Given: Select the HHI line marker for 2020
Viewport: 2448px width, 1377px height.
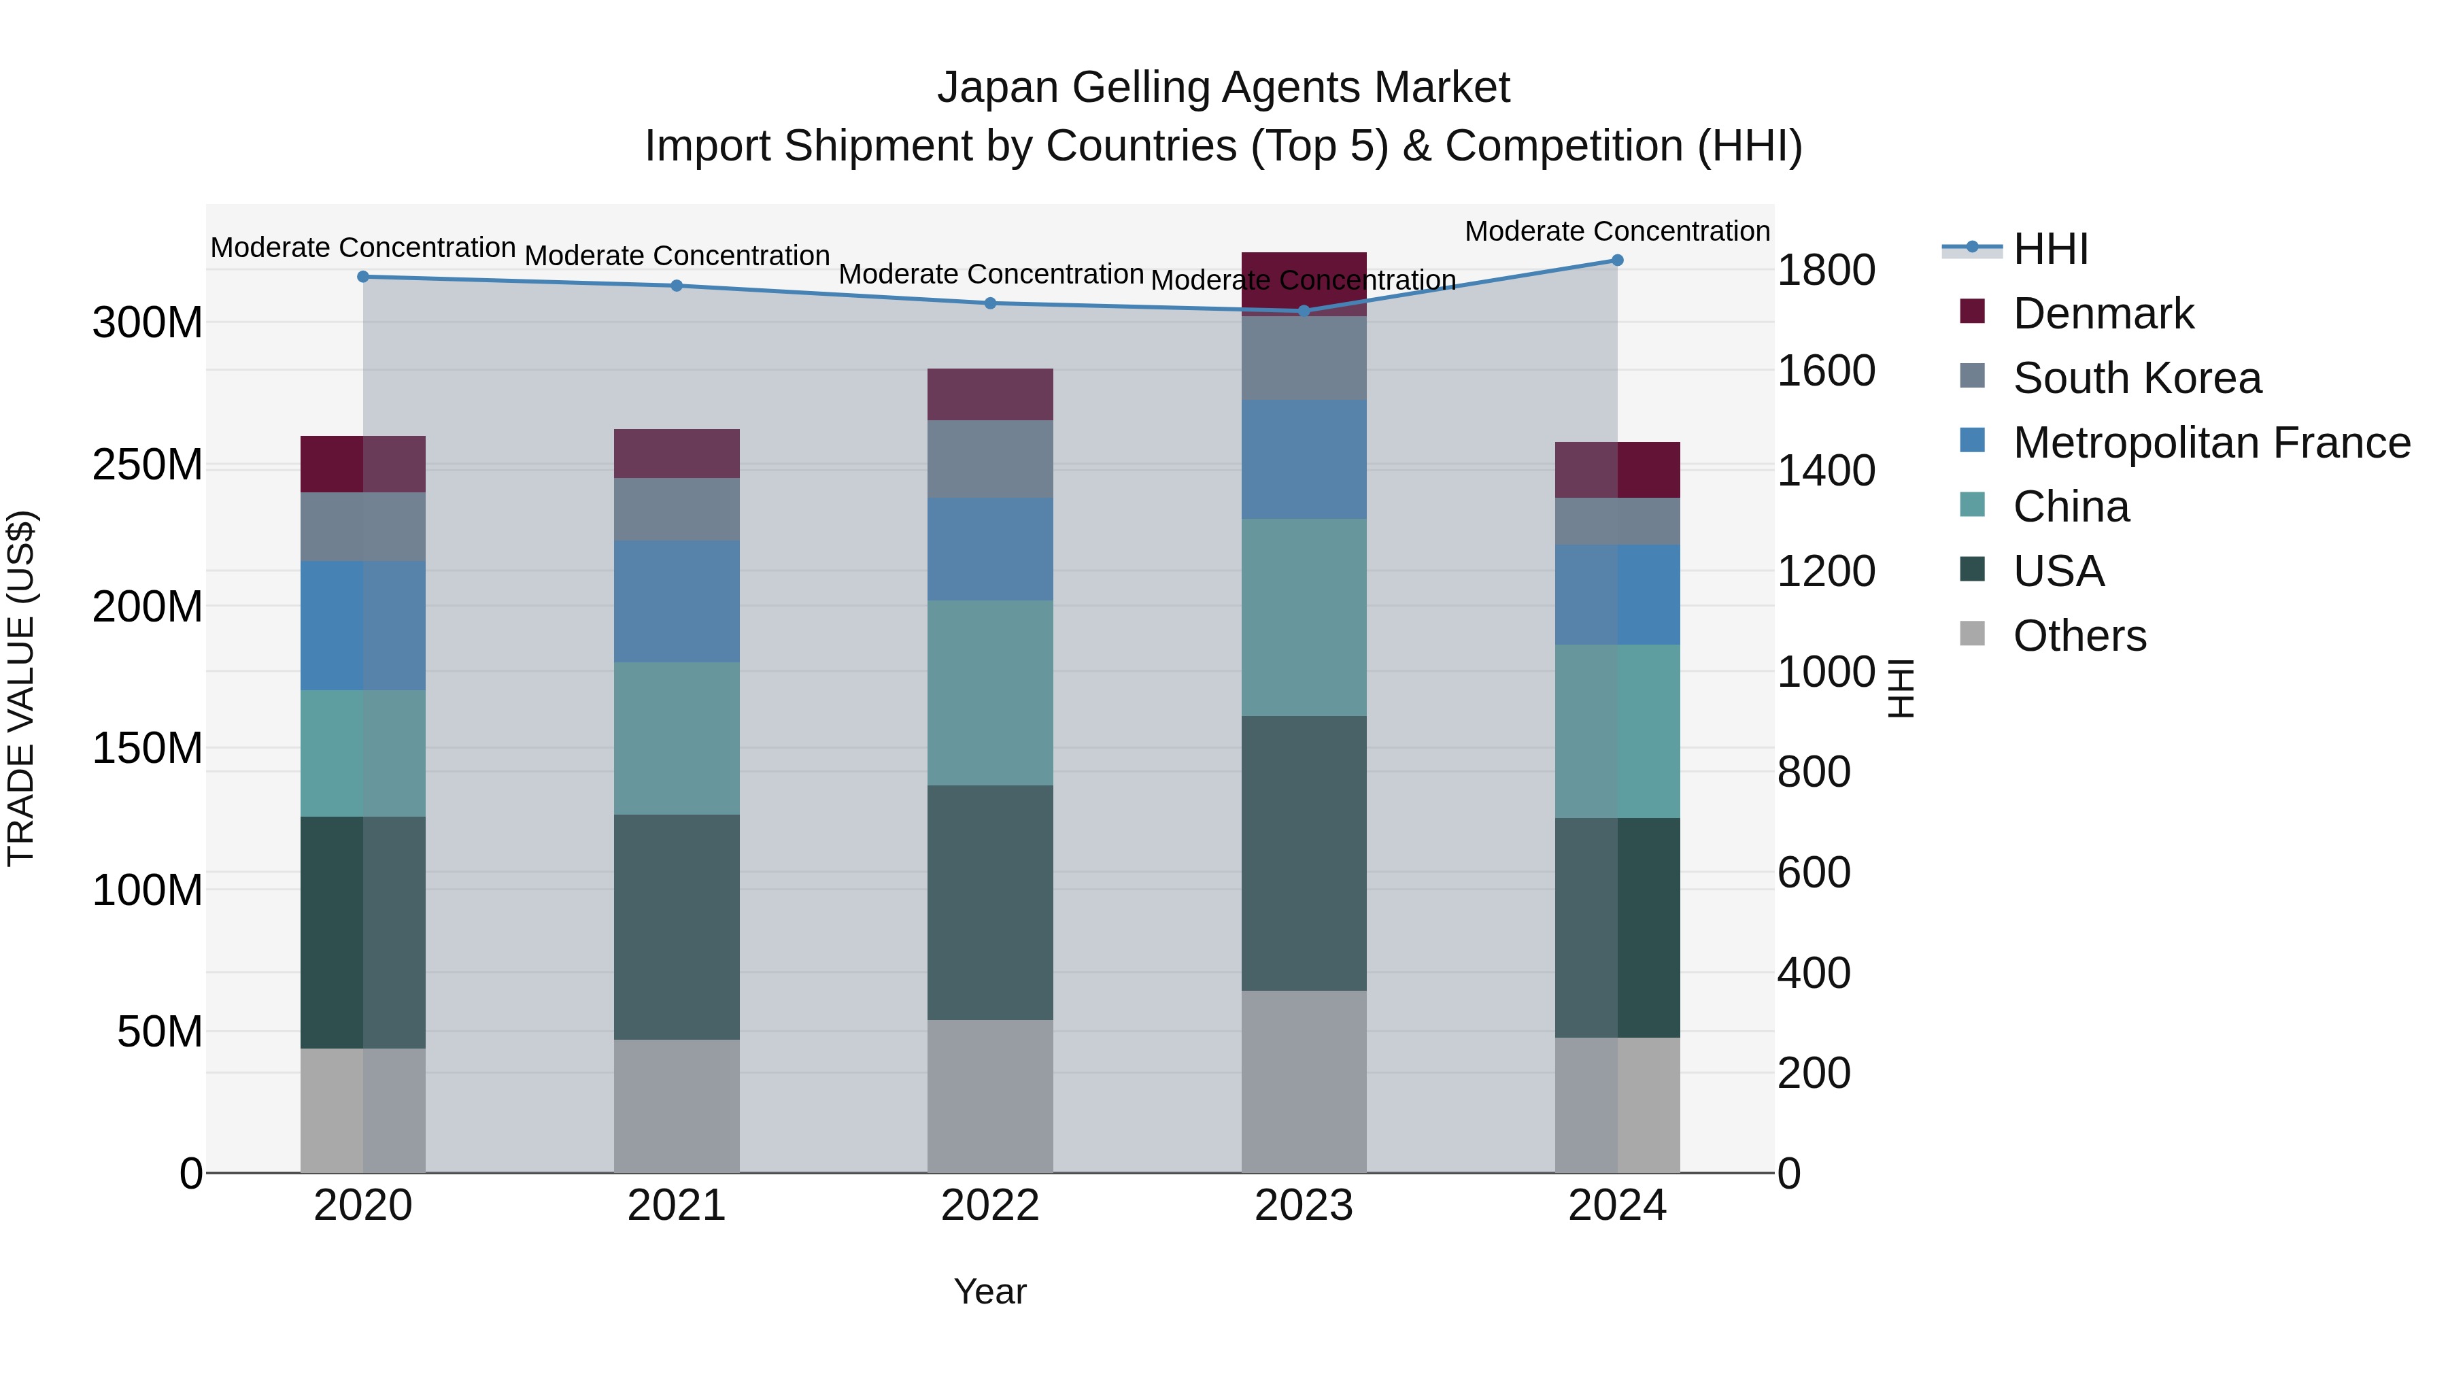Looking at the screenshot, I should coord(363,277).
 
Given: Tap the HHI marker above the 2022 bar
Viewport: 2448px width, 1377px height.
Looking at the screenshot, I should coord(990,303).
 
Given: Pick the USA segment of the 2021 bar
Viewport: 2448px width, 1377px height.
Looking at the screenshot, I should coord(677,927).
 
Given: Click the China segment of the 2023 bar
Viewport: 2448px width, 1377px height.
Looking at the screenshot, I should coord(1304,617).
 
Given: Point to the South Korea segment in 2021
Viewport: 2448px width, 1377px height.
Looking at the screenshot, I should coord(677,509).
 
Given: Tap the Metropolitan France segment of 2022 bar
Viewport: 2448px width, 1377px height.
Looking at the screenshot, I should coord(990,549).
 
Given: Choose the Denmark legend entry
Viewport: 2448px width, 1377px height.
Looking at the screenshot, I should coord(2102,313).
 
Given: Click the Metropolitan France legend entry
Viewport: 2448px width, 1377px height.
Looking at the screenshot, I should coord(2211,443).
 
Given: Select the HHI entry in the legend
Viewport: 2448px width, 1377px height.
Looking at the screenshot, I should coord(2050,249).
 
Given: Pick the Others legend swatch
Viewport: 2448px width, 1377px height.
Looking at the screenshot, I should coord(1973,634).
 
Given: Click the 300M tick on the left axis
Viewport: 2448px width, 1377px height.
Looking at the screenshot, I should coord(148,323).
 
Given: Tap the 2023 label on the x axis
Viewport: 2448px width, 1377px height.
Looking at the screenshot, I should coord(1304,1206).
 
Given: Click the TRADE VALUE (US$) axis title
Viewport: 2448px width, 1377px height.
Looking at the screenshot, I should coord(21,688).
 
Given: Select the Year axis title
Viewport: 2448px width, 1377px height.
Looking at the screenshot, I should coord(990,1291).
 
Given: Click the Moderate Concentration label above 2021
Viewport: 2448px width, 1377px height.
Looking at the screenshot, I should coord(677,256).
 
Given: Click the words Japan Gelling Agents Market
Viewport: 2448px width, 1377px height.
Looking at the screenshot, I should coord(1223,88).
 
